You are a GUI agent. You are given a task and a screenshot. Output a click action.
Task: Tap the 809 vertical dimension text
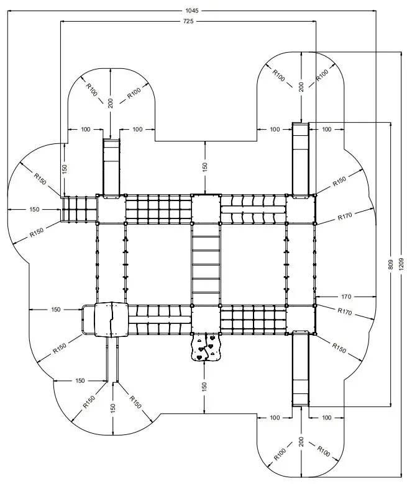(390, 264)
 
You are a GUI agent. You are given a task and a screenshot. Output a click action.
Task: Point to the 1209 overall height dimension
(401, 264)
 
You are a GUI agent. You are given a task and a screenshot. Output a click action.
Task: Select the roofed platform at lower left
(110, 320)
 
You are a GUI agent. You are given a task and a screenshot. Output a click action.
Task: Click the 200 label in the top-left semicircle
(111, 103)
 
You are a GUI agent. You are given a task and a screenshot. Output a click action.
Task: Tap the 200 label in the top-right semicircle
(301, 87)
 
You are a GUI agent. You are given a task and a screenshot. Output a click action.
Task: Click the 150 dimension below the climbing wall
(205, 386)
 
